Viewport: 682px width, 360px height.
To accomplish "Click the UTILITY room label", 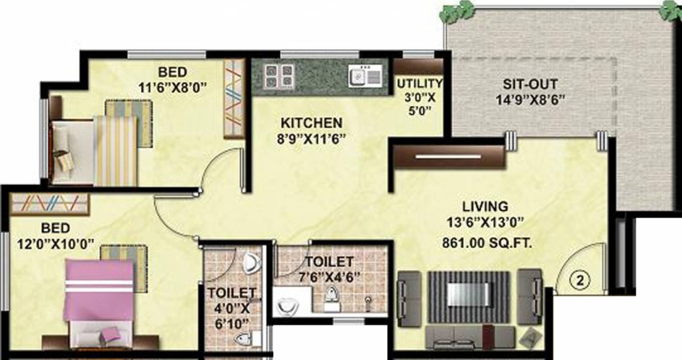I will pos(420,83).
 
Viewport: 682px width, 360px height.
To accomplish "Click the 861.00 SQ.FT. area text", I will pos(488,244).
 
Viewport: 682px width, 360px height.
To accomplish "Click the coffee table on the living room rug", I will pos(468,294).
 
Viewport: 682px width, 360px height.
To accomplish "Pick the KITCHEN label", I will pos(311,123).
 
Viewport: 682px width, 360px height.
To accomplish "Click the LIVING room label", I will pos(485,207).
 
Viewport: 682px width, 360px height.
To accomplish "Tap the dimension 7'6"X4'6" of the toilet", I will pos(329,277).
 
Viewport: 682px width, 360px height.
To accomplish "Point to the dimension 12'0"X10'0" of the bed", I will pos(51,244).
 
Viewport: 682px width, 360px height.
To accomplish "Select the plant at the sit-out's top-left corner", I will pos(456,11).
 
